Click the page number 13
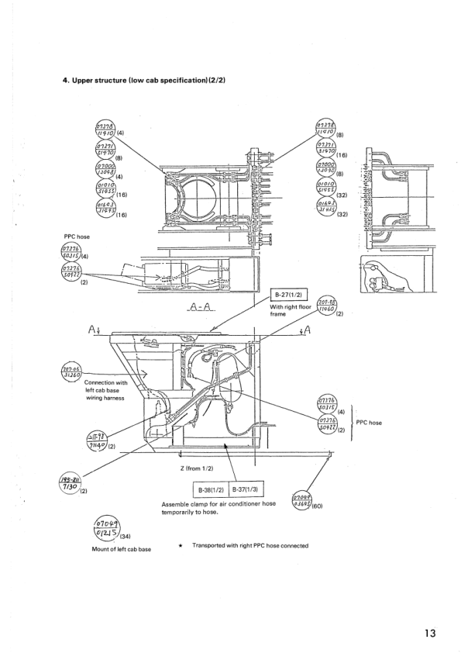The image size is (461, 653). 429,633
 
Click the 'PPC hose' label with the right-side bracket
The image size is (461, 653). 370,423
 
